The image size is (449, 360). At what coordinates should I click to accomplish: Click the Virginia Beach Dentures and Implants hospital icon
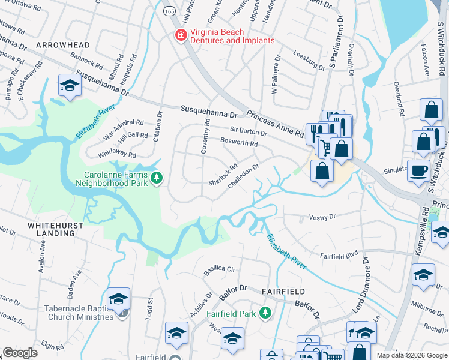pyautogui.click(x=179, y=36)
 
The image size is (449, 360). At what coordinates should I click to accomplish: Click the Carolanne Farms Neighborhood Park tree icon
pyautogui.click(x=156, y=178)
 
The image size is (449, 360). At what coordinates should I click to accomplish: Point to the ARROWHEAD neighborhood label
pyautogui.click(x=62, y=45)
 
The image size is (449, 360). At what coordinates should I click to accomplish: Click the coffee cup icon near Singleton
pyautogui.click(x=418, y=169)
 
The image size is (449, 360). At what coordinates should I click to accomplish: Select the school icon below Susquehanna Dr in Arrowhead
pyautogui.click(x=70, y=86)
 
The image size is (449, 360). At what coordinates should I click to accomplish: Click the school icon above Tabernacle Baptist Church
pyautogui.click(x=119, y=298)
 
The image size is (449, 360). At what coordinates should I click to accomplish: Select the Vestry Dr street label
pyautogui.click(x=321, y=216)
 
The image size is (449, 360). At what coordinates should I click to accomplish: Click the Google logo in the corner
pyautogui.click(x=20, y=353)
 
